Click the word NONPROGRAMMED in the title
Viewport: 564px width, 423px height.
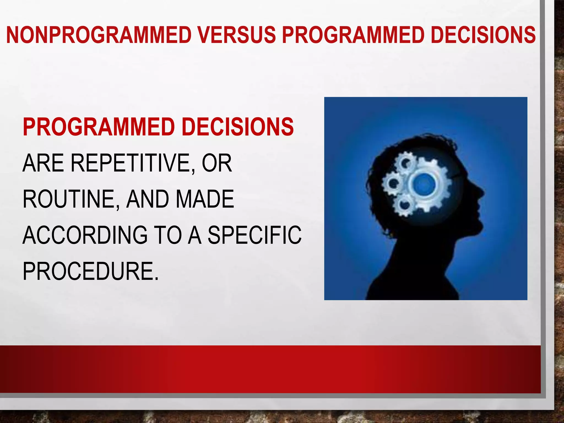point(99,35)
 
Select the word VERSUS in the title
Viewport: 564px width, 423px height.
point(237,35)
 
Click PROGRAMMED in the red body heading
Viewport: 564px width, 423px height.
point(99,127)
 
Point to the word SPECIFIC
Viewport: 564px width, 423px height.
point(254,235)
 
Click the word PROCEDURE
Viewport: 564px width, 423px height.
point(90,272)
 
